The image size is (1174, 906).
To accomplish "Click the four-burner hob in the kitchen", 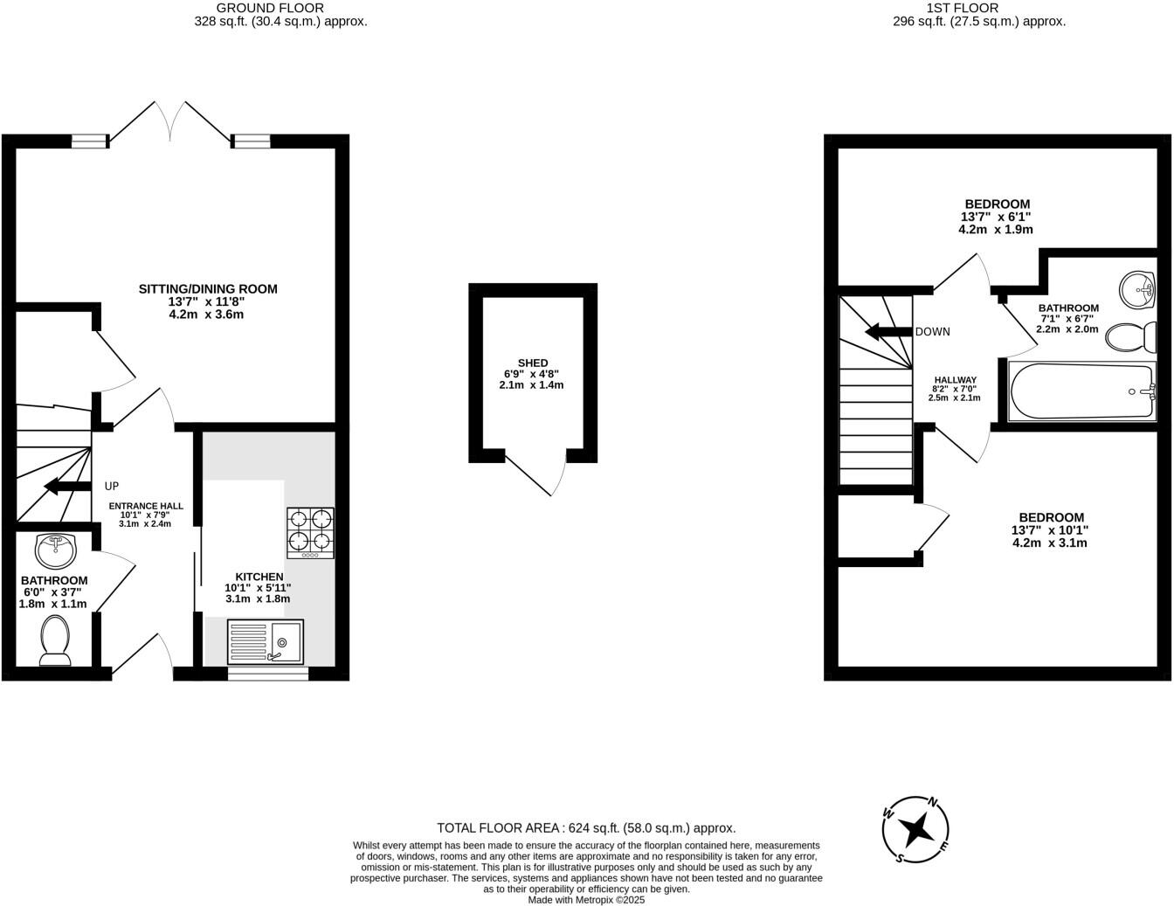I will [x=310, y=533].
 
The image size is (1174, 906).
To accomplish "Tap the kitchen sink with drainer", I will [x=266, y=642].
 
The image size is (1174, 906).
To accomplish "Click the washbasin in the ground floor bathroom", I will [x=56, y=550].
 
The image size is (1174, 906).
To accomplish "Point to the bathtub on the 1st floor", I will [x=1082, y=392].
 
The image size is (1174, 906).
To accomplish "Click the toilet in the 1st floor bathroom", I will [x=1129, y=335].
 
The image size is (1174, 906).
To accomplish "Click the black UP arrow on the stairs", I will [x=68, y=486].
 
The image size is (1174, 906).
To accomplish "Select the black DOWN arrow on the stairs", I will [x=888, y=332].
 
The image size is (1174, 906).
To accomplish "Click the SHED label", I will [x=532, y=363].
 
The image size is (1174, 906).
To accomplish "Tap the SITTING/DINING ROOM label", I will [x=208, y=289].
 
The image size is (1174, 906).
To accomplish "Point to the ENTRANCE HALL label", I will [x=146, y=505].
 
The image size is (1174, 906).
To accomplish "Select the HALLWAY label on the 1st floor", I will [x=954, y=380].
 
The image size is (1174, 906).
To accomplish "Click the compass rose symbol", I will [x=916, y=829].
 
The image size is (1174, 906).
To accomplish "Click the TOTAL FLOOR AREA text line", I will [x=586, y=827].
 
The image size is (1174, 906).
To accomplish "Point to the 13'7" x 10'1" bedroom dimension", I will [x=1049, y=530].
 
